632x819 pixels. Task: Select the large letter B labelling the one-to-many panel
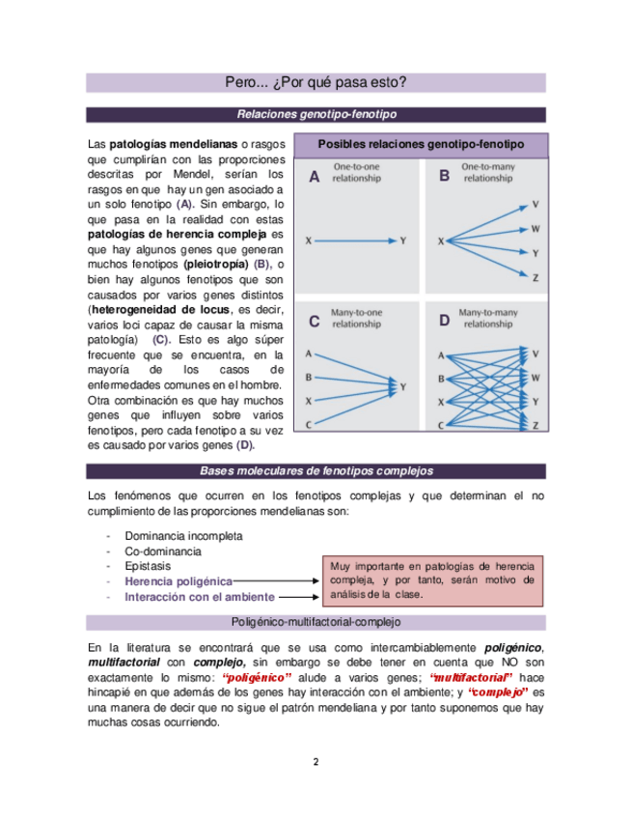444,177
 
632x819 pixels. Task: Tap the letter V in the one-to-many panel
536,204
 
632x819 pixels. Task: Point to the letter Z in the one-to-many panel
536,277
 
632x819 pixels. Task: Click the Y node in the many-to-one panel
402,386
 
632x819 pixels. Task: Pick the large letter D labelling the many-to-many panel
444,321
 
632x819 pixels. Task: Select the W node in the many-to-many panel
536,377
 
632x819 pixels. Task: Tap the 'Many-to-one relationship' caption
356,319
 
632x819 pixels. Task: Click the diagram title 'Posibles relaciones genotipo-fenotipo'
420,144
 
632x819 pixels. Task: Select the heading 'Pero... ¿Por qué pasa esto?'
316,83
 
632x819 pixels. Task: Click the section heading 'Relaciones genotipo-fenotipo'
316,114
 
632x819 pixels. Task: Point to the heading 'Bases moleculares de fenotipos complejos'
316,471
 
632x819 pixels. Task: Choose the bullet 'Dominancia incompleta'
183,535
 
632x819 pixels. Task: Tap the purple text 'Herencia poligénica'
179,581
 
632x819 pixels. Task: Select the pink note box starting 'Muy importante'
431,579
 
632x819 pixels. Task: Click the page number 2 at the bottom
316,761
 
